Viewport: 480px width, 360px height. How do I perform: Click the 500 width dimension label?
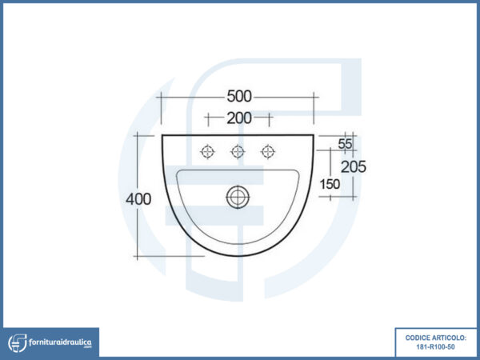point(239,97)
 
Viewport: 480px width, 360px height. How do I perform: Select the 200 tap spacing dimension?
point(239,118)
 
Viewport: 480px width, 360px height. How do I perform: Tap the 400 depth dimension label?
point(138,199)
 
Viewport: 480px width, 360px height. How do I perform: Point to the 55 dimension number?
point(345,144)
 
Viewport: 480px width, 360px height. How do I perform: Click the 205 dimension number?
point(354,167)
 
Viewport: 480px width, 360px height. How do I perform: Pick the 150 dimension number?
point(330,184)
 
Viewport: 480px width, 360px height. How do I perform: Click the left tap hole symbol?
point(207,151)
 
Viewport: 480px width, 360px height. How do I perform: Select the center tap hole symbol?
point(238,151)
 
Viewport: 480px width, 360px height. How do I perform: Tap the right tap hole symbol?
point(268,151)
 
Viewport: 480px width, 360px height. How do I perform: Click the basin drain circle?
point(238,197)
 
